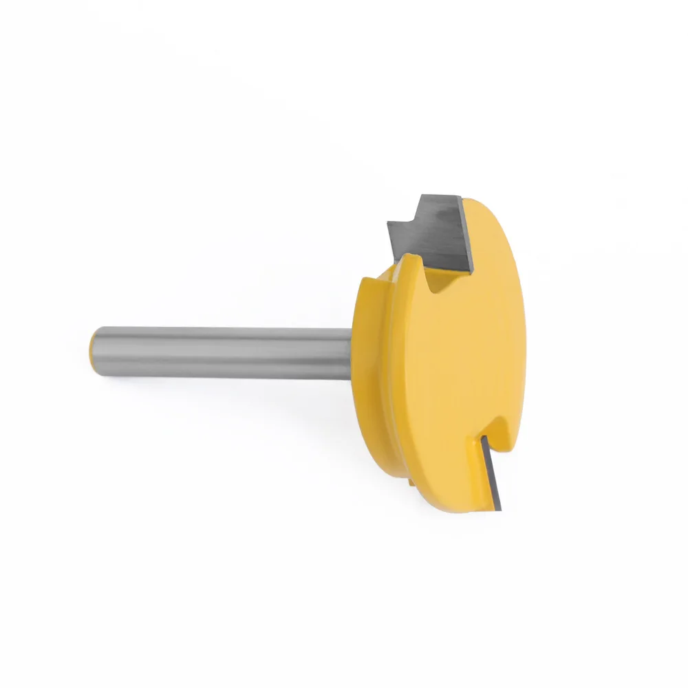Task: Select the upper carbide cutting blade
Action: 430,230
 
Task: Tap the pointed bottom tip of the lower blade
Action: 502,508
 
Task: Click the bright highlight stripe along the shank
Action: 220,342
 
